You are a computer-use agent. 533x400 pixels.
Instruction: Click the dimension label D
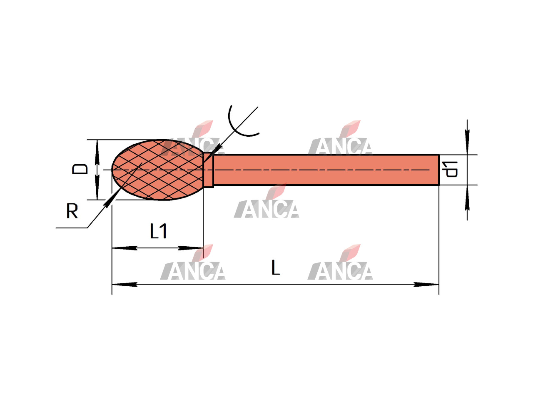point(80,169)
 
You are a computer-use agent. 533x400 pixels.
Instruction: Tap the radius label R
point(72,211)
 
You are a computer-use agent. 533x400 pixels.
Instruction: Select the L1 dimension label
point(158,231)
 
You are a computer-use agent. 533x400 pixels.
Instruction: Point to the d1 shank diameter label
point(450,169)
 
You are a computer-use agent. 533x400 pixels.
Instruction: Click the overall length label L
point(276,267)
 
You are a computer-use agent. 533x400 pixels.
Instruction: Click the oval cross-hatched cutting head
point(158,170)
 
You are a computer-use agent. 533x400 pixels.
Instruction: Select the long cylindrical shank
point(326,170)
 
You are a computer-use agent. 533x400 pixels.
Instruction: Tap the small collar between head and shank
point(208,170)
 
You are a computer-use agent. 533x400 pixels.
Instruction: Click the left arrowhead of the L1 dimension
point(125,248)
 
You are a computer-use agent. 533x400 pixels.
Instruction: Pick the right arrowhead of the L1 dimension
point(191,248)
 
